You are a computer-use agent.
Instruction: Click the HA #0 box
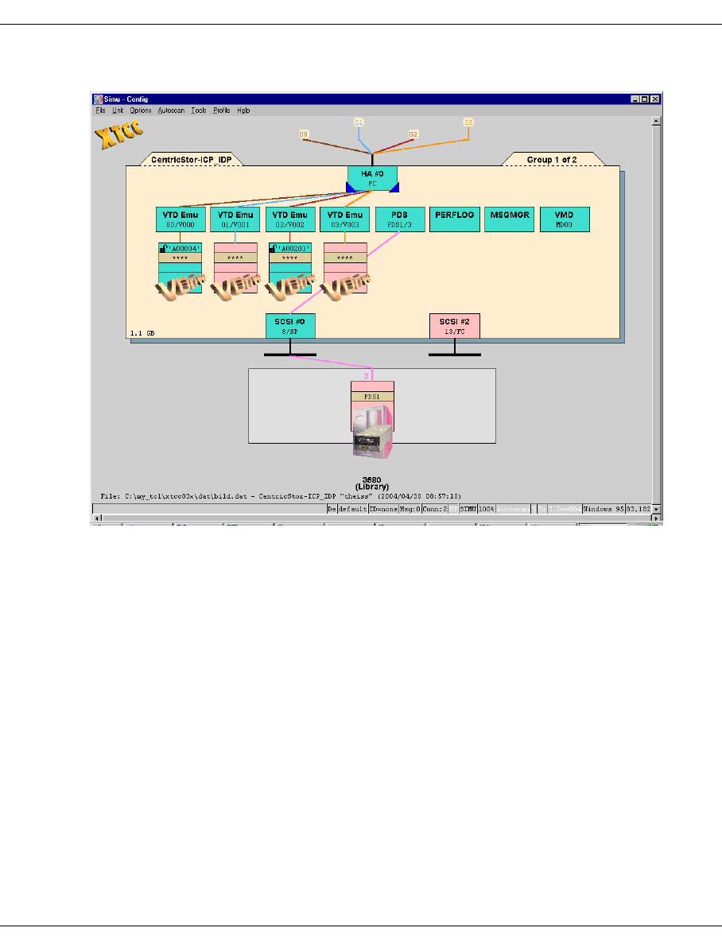(x=371, y=179)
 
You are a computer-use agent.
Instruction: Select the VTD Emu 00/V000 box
(x=180, y=219)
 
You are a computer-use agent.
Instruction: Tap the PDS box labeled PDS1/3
(x=400, y=219)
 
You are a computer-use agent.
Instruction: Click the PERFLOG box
(x=455, y=219)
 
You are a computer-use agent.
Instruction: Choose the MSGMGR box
(x=510, y=219)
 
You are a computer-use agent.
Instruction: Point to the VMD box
(x=565, y=219)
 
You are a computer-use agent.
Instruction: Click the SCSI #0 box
(x=290, y=325)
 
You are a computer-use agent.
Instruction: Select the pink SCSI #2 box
(x=454, y=325)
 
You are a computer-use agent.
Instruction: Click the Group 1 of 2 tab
(x=552, y=160)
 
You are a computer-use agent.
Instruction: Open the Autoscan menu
(x=171, y=111)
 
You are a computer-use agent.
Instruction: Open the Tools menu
(x=199, y=111)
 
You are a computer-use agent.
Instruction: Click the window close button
(x=655, y=99)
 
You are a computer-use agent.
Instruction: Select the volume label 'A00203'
(x=293, y=248)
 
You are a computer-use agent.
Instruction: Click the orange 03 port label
(x=468, y=122)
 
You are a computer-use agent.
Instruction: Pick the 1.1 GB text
(x=142, y=333)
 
